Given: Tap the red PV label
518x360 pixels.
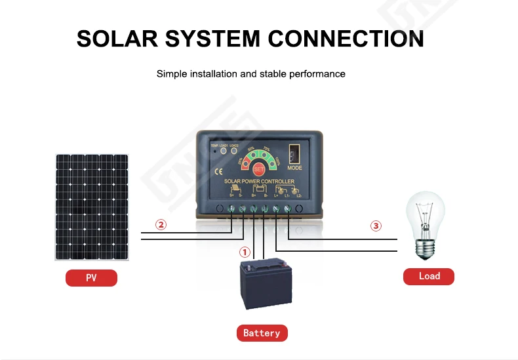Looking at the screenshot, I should point(91,278).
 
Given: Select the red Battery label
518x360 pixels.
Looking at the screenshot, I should point(262,333).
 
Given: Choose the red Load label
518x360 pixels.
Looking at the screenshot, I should point(429,276).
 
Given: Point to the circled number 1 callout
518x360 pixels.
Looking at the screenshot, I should point(244,252).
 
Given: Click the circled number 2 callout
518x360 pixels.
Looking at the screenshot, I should point(161,225).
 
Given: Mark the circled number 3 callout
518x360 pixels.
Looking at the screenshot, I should point(376,226).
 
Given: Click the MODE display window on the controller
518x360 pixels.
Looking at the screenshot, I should point(294,153).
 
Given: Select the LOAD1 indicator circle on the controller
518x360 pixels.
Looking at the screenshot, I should point(224,150).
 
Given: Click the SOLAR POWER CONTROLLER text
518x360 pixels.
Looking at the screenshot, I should point(259,181).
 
